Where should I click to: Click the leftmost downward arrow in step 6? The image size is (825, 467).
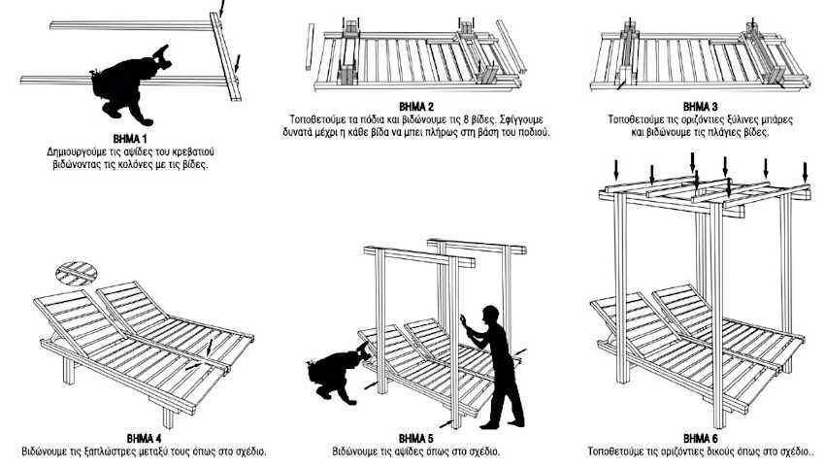(x=615, y=171)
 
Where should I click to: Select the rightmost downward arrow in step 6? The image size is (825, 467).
(x=804, y=171)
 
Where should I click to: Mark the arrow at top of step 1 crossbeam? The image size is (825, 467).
(x=222, y=8)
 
